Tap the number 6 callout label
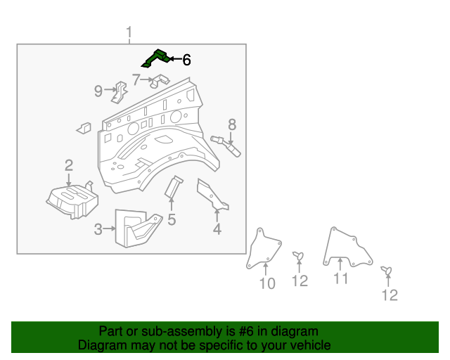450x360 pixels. pos(186,60)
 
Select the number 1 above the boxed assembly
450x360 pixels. pos(129,32)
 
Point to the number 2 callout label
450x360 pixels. pos(69,166)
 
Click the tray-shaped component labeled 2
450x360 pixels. pos(70,199)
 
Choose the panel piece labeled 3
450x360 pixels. pos(138,227)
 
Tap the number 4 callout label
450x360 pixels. pos(217,229)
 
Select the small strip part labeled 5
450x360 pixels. pos(172,187)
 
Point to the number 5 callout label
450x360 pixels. pos(172,220)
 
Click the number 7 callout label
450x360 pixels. pos(136,79)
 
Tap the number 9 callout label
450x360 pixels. pos(99,90)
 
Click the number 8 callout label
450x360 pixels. pos(231,125)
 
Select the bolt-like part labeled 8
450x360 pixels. pos(226,144)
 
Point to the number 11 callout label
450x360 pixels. pos(340,279)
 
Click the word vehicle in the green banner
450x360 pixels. pos(307,345)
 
